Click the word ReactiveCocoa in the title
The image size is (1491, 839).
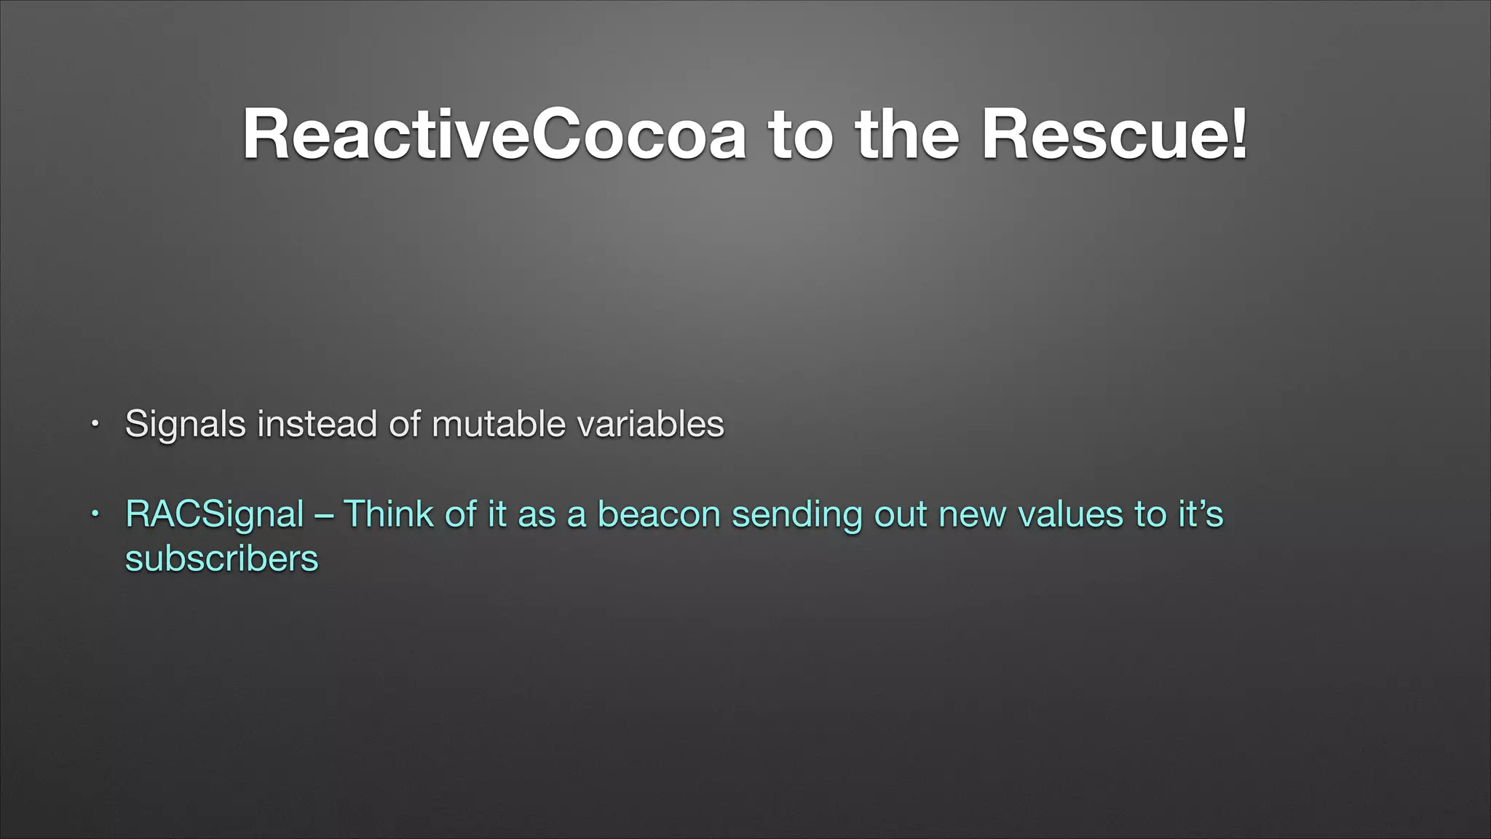[494, 135]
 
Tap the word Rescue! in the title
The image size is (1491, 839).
[1115, 135]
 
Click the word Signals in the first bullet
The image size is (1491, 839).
[185, 425]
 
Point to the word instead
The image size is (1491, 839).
[317, 425]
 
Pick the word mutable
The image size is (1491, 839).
[498, 425]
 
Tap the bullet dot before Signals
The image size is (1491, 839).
[94, 424]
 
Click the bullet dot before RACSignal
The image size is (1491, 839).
[94, 514]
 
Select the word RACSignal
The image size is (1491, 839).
[214, 515]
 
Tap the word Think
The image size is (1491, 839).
[388, 514]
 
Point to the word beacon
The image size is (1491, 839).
[658, 514]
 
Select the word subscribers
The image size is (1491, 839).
[221, 559]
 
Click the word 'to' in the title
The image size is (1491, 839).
[800, 135]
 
